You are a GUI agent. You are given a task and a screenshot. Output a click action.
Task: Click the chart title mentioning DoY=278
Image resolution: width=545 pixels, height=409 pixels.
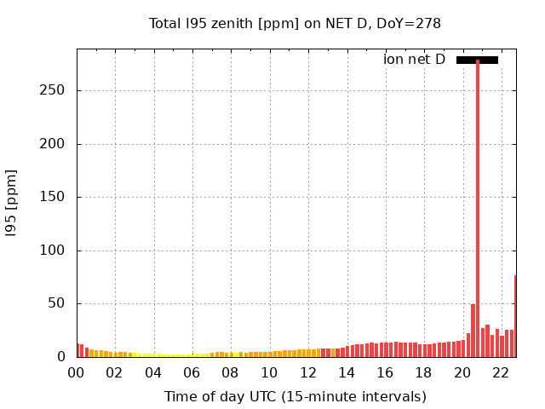295,23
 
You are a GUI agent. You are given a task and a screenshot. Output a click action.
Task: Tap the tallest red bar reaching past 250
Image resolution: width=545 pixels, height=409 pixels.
478,204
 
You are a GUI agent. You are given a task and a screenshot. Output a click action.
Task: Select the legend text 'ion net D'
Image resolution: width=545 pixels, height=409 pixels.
414,60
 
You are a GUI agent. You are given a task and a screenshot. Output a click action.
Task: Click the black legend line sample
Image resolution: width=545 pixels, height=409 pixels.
477,60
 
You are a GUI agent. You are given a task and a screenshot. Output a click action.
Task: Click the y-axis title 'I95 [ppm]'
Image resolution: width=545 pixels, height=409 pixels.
12,202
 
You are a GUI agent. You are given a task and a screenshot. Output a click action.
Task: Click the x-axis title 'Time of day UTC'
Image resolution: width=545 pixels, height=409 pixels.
295,396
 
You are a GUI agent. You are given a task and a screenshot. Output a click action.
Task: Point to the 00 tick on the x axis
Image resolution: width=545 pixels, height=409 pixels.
77,372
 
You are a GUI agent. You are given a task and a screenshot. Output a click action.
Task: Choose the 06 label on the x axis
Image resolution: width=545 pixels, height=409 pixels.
192,372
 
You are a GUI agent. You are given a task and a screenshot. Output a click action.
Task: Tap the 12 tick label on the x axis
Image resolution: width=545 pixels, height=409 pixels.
308,372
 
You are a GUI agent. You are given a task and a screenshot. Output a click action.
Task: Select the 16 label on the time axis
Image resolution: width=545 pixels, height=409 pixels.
386,372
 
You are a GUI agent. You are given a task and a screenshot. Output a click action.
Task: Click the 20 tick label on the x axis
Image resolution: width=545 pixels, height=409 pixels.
463,372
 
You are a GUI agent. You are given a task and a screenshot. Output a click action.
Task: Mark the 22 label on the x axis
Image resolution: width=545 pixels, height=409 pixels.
502,372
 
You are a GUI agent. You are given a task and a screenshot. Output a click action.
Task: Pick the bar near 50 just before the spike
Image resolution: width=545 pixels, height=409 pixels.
473,331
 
